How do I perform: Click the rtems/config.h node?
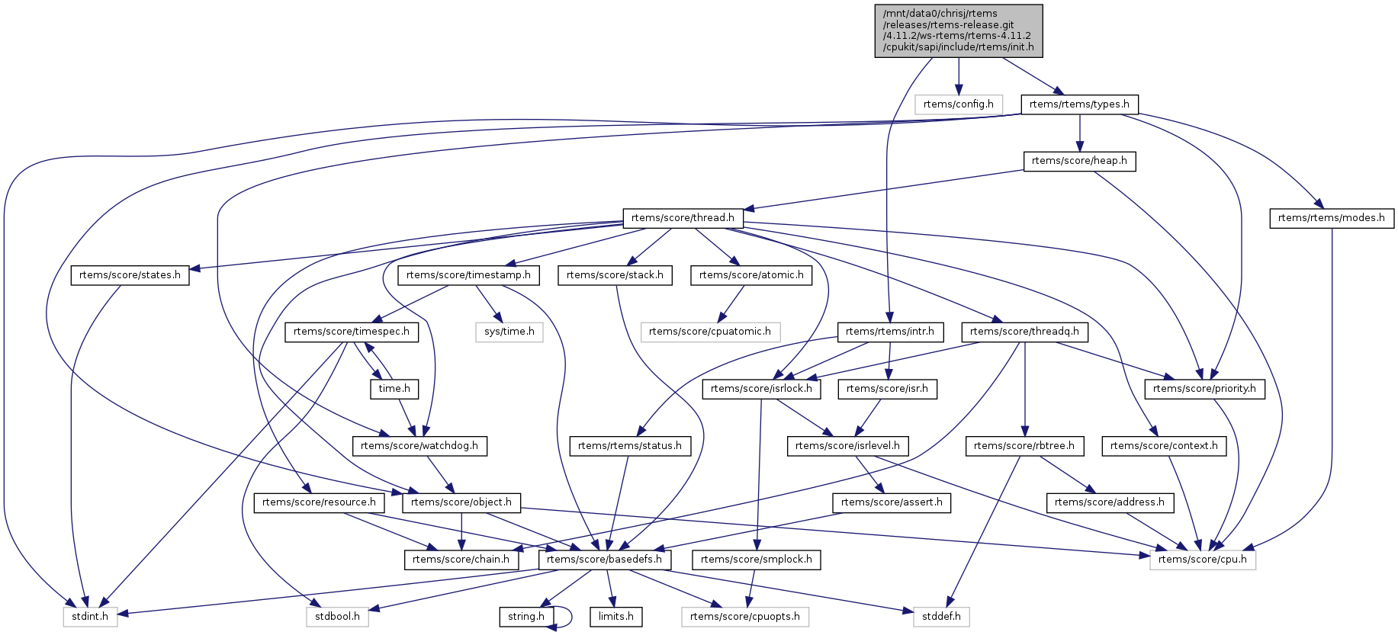click(958, 104)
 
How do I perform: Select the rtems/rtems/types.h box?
click(1079, 104)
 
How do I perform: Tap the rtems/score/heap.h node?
click(1079, 161)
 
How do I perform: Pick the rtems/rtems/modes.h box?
click(1331, 218)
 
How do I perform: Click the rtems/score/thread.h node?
click(683, 218)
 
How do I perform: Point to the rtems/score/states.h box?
click(130, 275)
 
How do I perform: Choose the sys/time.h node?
click(509, 332)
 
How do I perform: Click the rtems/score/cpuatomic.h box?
click(710, 332)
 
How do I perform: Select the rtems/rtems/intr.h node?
click(890, 332)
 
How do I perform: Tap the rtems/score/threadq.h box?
click(1024, 332)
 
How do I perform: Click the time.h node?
click(394, 389)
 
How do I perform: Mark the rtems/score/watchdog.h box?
click(419, 446)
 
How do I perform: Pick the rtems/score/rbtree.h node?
click(1024, 446)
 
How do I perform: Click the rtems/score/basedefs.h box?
click(605, 560)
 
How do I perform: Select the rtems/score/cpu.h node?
click(1202, 560)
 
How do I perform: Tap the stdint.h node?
click(90, 617)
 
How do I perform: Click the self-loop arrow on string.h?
click(569, 617)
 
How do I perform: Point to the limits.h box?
click(615, 617)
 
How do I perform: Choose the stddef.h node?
click(941, 617)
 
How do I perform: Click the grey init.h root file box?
click(958, 30)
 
